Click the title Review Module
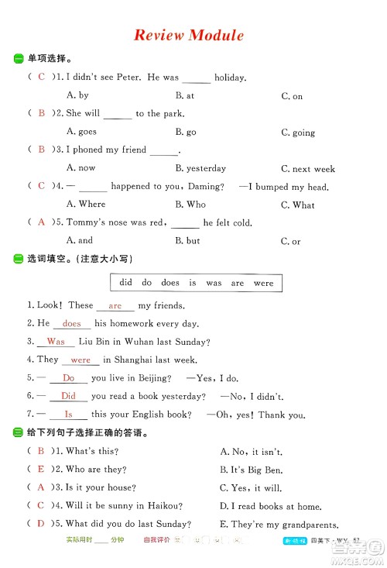pos(189,35)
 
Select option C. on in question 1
pos(292,96)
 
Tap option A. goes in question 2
pos(81,132)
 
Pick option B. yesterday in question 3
pos(200,168)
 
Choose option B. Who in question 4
pos(190,205)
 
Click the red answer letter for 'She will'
pos(42,113)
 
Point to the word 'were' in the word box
pos(263,283)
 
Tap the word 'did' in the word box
pos(126,283)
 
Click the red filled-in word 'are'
pos(115,306)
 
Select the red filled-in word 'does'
pos(71,324)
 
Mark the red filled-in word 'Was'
pos(56,342)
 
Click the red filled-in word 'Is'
pos(68,415)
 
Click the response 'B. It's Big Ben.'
pos(252,470)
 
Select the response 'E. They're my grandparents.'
pos(279,524)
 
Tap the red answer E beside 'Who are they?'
pos(41,470)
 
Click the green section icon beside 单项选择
pos(18,58)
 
